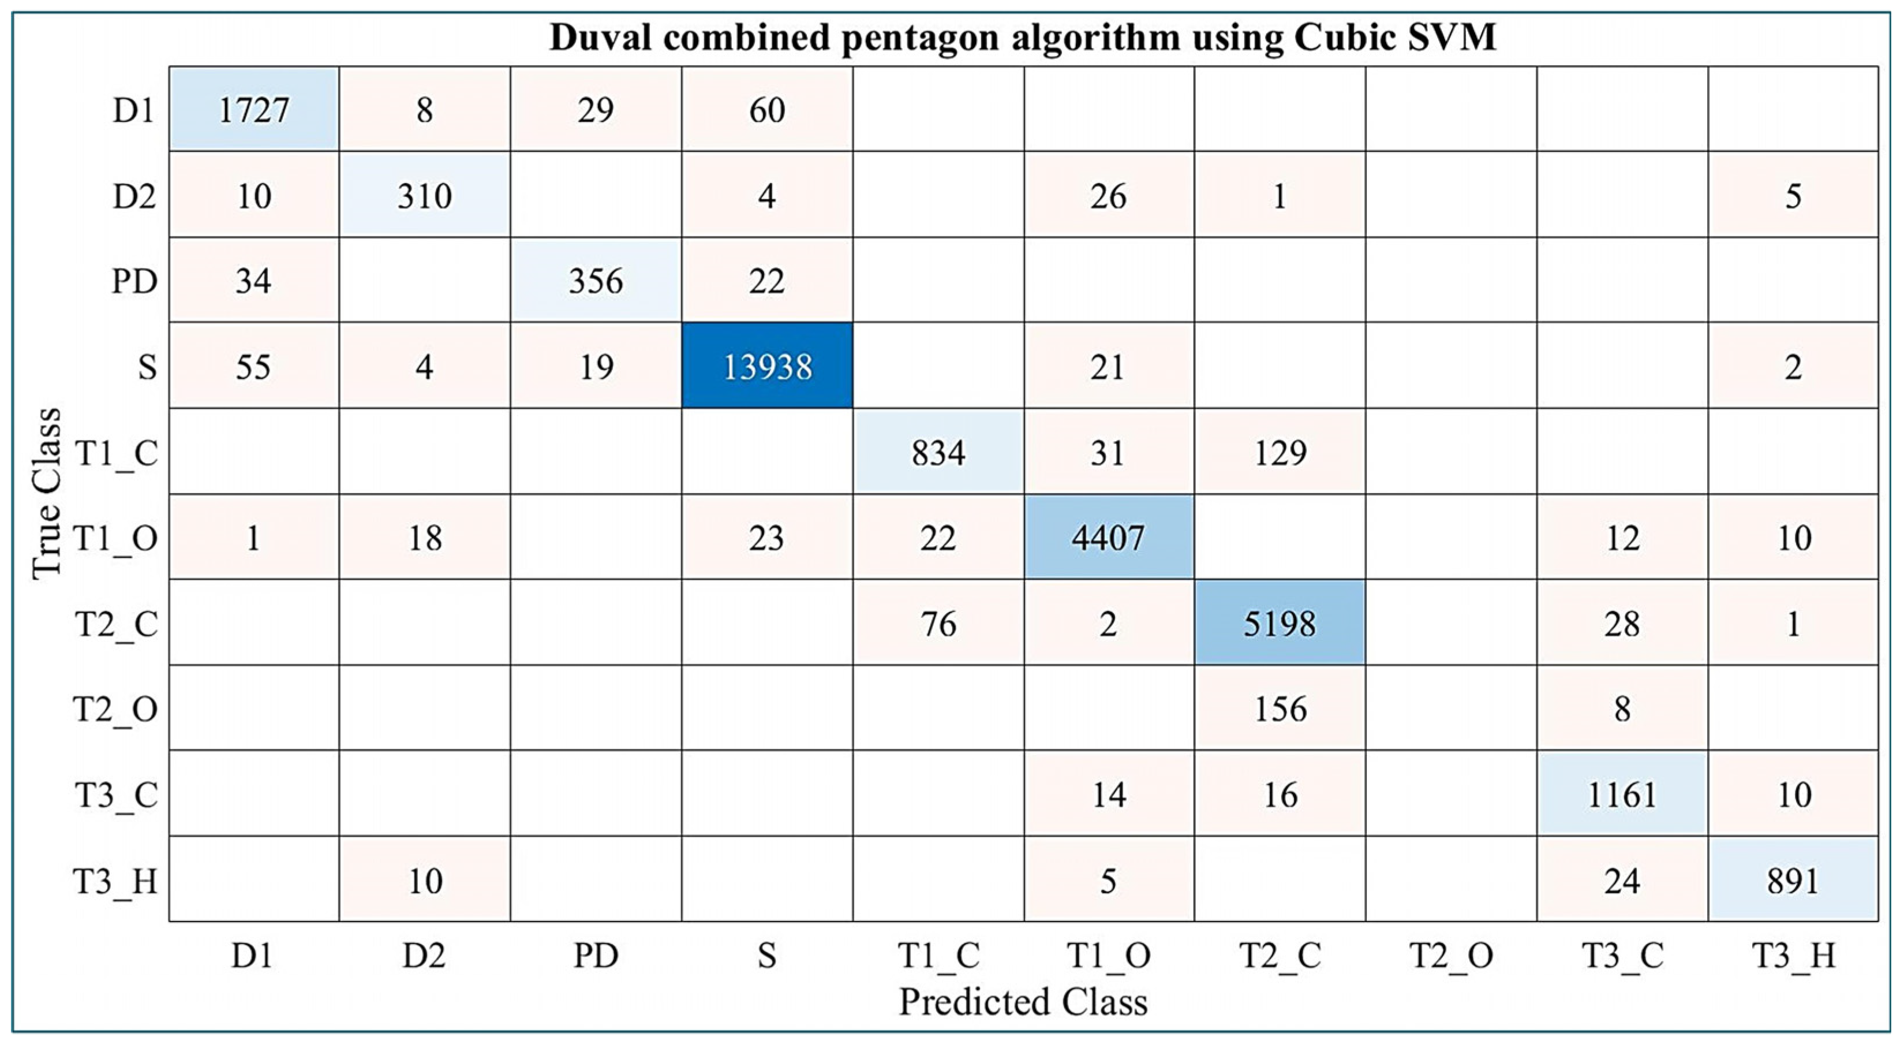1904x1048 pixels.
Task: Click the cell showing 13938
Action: pyautogui.click(x=766, y=366)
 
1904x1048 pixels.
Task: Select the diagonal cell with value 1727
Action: pyautogui.click(x=253, y=110)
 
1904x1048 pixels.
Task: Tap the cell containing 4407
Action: pyautogui.click(x=1109, y=538)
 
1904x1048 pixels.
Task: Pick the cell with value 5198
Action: pyautogui.click(x=1280, y=624)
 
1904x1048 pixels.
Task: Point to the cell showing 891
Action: pyautogui.click(x=1793, y=880)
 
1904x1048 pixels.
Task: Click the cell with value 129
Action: pyautogui.click(x=1280, y=452)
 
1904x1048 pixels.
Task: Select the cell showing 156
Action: pyautogui.click(x=1280, y=708)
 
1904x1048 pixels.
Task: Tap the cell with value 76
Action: pyautogui.click(x=938, y=624)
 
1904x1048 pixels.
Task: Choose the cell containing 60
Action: pyautogui.click(x=766, y=110)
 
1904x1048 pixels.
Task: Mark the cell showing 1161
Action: pyautogui.click(x=1622, y=795)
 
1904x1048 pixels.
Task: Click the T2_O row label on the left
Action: pyautogui.click(x=115, y=708)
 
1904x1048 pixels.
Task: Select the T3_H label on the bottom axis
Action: pyautogui.click(x=1793, y=956)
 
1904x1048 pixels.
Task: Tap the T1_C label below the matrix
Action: pyautogui.click(x=938, y=956)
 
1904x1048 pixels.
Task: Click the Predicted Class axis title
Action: pyautogui.click(x=1023, y=1002)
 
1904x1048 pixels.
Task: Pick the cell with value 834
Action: pyautogui.click(x=938, y=452)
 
